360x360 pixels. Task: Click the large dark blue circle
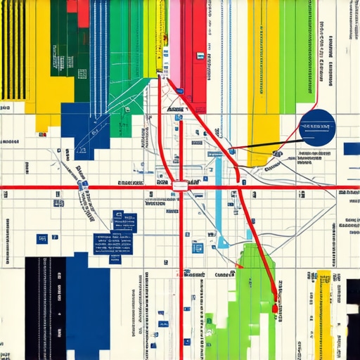(316, 127)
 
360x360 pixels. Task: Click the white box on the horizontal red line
(180, 186)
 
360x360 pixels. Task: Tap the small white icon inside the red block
(200, 55)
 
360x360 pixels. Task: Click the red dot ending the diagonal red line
(275, 308)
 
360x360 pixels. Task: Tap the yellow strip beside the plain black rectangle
(324, 309)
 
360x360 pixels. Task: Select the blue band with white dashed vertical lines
(99, 49)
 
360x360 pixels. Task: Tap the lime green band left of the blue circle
(288, 56)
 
